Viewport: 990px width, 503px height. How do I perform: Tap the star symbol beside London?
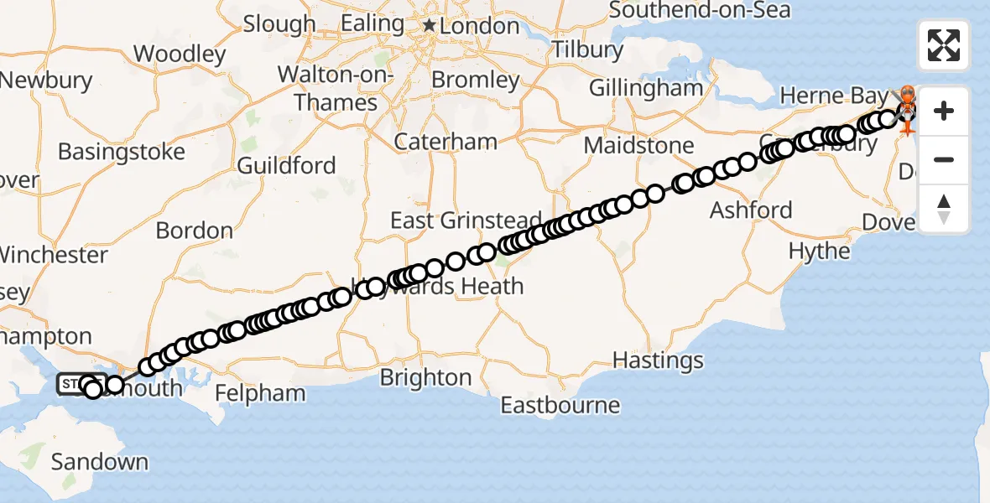click(x=430, y=26)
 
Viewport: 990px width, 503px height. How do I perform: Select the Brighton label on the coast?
click(x=425, y=377)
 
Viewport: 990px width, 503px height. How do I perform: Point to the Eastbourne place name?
click(x=560, y=406)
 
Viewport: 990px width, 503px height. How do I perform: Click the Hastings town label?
click(x=658, y=360)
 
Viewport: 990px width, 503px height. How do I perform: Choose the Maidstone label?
click(x=638, y=145)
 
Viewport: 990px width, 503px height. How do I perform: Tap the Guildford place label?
click(x=286, y=165)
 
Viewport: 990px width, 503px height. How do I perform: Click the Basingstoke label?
click(x=122, y=153)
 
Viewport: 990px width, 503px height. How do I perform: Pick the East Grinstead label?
click(x=466, y=220)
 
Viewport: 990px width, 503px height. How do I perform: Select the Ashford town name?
click(x=751, y=210)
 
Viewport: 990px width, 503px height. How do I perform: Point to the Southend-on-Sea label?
click(x=699, y=10)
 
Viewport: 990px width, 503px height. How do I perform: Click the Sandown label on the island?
click(x=100, y=462)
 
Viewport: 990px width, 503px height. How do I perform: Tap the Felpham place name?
click(x=260, y=393)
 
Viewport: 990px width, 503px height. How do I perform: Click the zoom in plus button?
click(x=944, y=111)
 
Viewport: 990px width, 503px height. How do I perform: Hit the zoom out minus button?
click(x=944, y=159)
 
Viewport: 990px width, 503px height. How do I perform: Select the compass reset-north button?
click(x=944, y=208)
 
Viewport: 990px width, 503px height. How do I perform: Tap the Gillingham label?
click(x=645, y=87)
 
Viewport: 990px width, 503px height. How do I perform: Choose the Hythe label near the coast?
click(x=819, y=251)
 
